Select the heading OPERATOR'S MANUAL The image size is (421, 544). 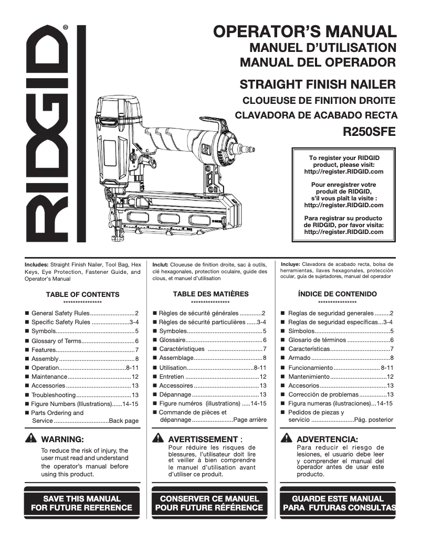(x=304, y=31)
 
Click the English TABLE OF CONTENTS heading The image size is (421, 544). (x=82, y=294)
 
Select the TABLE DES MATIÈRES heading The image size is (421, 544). (x=210, y=294)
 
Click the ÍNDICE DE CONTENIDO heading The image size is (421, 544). (x=337, y=294)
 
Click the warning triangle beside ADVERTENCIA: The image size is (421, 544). (x=287, y=439)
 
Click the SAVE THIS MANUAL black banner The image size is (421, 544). (x=81, y=503)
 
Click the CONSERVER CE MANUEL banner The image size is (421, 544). (x=209, y=503)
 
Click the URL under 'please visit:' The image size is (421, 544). (x=344, y=172)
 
